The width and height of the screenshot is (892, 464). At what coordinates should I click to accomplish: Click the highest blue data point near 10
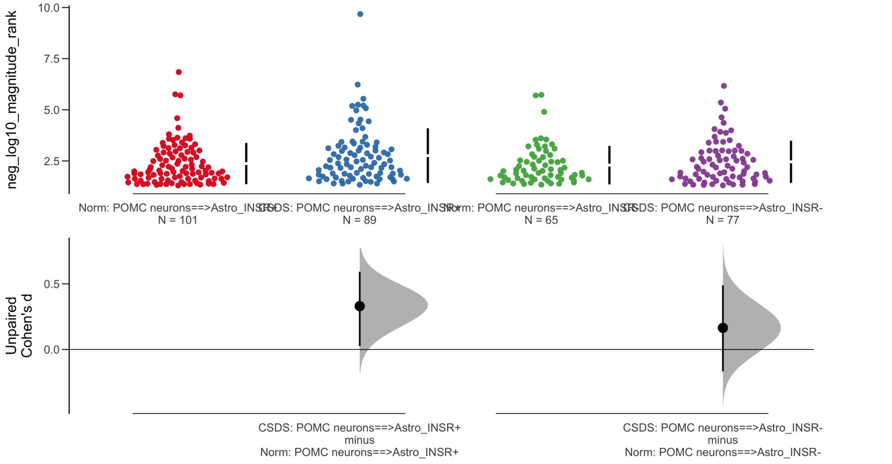point(360,14)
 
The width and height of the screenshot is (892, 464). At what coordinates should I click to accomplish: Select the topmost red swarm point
point(179,72)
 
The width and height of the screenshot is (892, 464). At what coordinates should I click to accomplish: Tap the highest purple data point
point(724,86)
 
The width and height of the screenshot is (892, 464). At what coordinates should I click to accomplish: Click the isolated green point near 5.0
point(544,112)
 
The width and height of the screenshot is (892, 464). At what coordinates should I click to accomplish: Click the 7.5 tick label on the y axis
point(52,59)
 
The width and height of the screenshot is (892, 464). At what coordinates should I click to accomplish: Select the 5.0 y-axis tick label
point(52,110)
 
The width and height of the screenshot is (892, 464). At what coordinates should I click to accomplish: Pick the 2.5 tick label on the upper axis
point(52,161)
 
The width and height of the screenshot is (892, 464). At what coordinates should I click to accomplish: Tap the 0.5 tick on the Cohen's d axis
point(52,284)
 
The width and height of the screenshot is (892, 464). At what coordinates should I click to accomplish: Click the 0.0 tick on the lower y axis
point(52,350)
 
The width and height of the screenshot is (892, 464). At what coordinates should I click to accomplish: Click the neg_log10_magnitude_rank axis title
point(12,100)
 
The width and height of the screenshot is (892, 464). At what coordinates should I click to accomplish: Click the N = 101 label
point(177,220)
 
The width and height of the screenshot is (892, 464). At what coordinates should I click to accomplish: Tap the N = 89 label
point(360,220)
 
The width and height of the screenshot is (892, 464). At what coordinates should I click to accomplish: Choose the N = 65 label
point(541,220)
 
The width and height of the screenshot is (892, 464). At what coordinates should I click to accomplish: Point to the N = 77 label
point(722,220)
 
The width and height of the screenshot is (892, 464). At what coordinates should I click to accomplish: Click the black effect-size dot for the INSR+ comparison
point(360,306)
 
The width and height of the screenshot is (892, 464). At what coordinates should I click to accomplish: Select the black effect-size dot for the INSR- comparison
point(723,328)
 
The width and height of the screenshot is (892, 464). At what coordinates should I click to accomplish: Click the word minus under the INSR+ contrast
point(360,440)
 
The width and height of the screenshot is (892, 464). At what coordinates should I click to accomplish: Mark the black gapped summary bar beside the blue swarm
point(428,155)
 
